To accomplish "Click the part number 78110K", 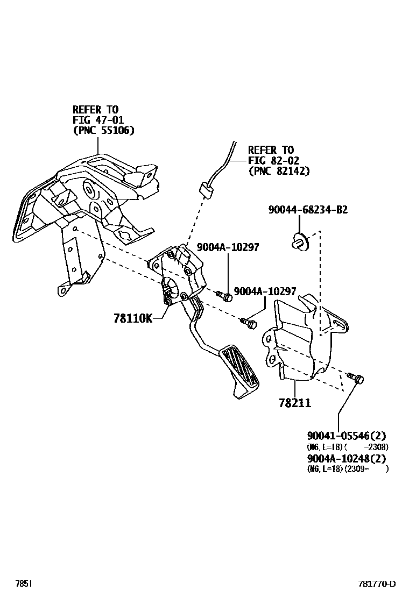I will pyautogui.click(x=132, y=318).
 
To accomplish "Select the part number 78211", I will pyautogui.click(x=294, y=403).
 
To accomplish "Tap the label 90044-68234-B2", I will pyautogui.click(x=308, y=210).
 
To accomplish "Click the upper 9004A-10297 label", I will pyautogui.click(x=228, y=247).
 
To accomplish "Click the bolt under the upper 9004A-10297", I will pyautogui.click(x=225, y=295).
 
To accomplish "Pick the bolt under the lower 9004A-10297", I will pyautogui.click(x=249, y=323).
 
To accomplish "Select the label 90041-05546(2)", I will pyautogui.click(x=347, y=436).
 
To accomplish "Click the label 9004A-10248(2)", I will pyautogui.click(x=347, y=458).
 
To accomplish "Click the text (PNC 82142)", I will pyautogui.click(x=279, y=171).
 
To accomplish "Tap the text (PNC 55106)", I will pyautogui.click(x=103, y=130).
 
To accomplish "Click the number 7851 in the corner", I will pyautogui.click(x=23, y=584).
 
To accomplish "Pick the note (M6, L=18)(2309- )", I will pyautogui.click(x=347, y=469).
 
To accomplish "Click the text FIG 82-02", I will pyautogui.click(x=273, y=160).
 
